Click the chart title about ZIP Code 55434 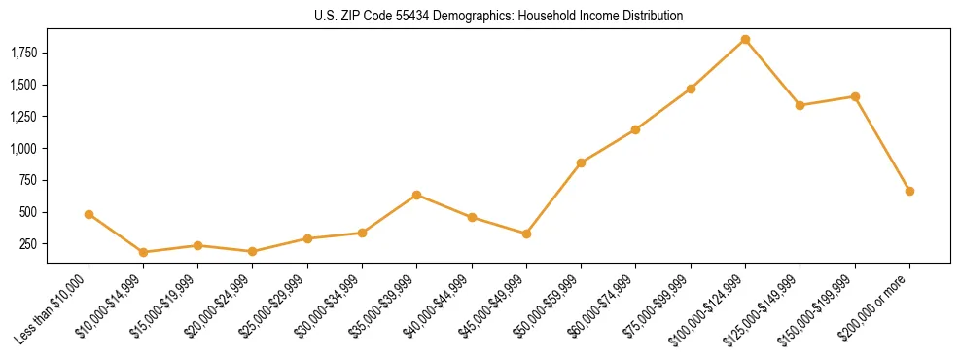[498, 16]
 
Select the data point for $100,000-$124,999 [745, 40]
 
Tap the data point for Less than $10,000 [89, 214]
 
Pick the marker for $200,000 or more [909, 191]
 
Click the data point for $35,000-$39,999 [416, 195]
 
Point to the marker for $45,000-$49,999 [526, 234]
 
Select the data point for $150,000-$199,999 [855, 96]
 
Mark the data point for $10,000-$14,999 [143, 252]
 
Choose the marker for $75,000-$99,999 [691, 89]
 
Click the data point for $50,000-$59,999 [581, 162]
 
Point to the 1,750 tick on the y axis [22, 53]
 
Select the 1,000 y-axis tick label [22, 149]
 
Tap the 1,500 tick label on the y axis [22, 85]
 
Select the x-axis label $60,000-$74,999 [602, 308]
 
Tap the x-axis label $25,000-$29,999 [273, 308]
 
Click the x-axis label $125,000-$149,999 [764, 310]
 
